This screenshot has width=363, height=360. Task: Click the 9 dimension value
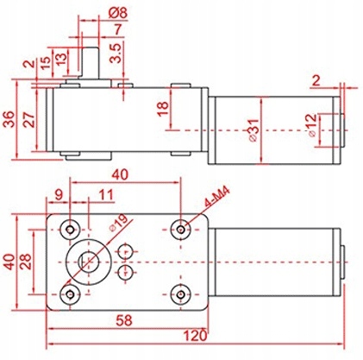pyautogui.click(x=59, y=193)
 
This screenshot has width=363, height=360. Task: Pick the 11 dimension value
pyautogui.click(x=104, y=193)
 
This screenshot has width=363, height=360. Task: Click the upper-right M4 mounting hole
pyautogui.click(x=180, y=229)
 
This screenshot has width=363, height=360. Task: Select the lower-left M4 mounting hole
pyautogui.click(x=71, y=294)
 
